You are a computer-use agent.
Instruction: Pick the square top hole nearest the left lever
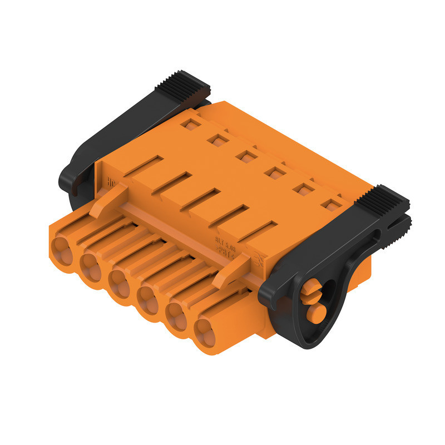[x=191, y=124]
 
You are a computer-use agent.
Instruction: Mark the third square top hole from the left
[x=245, y=156]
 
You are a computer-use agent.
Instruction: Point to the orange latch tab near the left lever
[x=108, y=201]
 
